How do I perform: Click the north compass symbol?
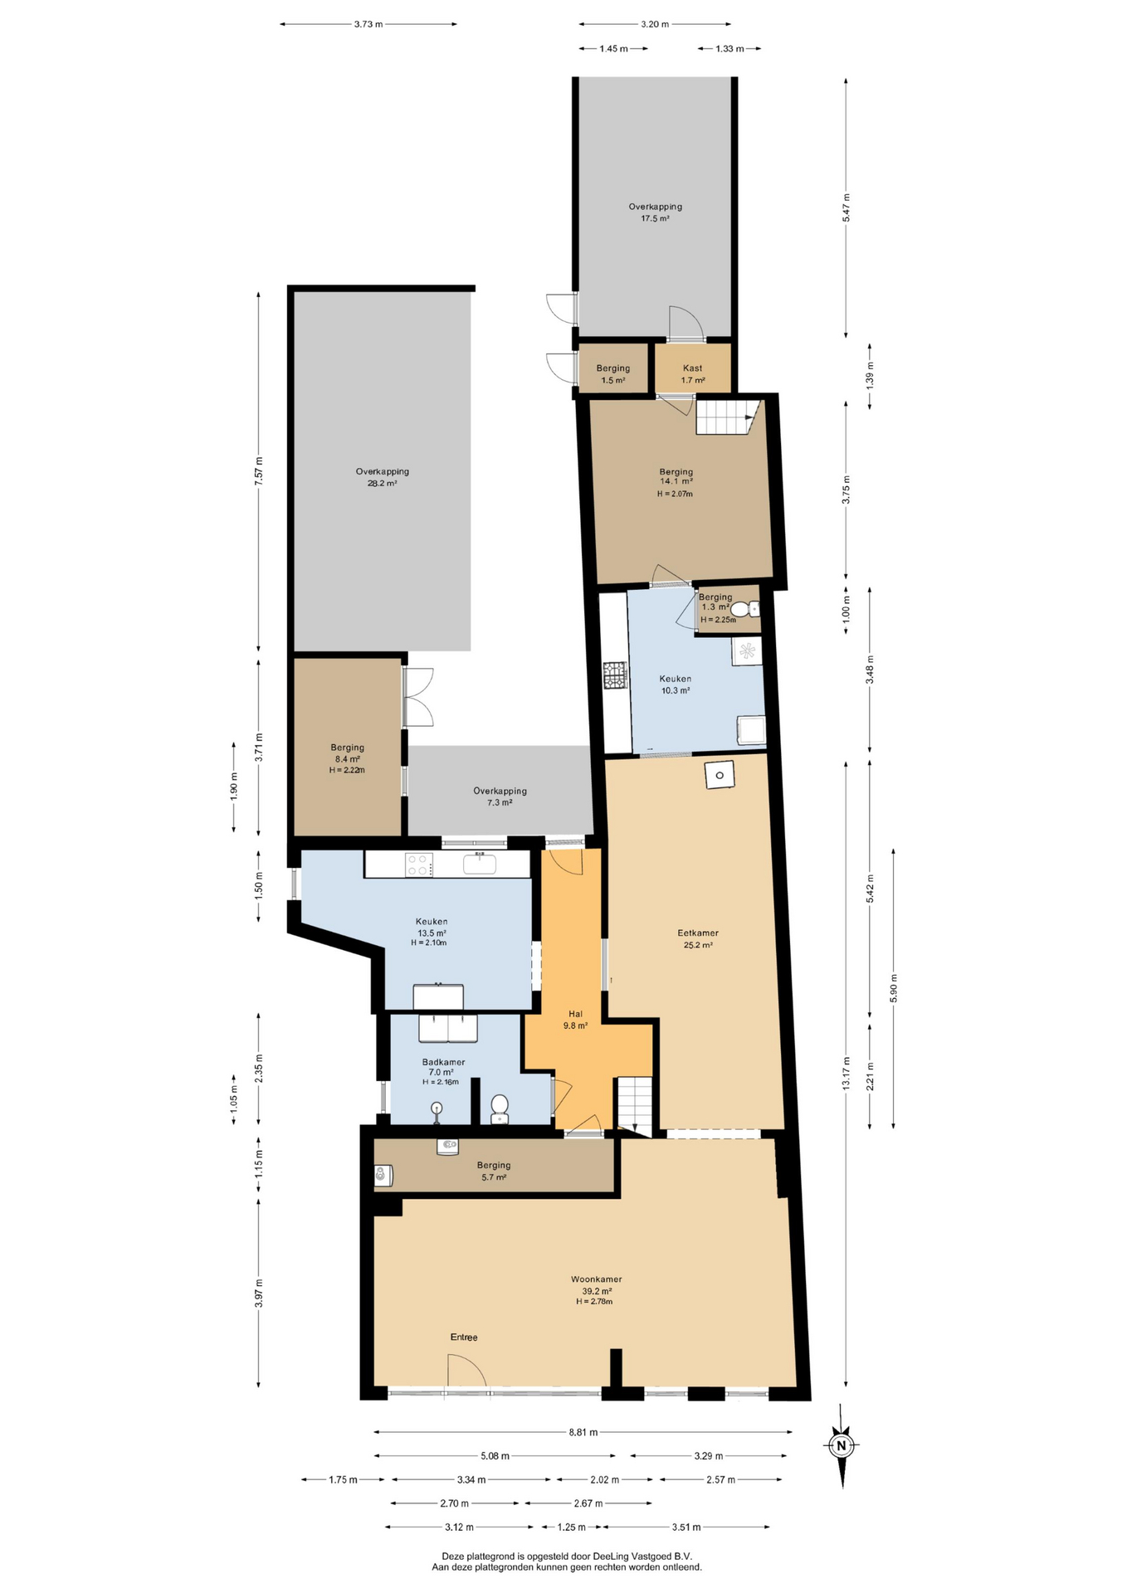pos(842,1446)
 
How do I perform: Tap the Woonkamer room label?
pos(596,1279)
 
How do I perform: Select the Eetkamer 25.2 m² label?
pos(698,938)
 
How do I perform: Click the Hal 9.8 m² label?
pos(575,1020)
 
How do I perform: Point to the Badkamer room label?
pos(443,1062)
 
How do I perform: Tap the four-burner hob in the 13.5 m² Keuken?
pos(419,865)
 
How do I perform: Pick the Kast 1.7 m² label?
pos(693,374)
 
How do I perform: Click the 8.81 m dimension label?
pos(582,1432)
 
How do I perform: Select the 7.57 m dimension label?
pos(259,471)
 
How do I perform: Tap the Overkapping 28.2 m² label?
pos(383,477)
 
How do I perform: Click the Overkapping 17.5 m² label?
pos(655,212)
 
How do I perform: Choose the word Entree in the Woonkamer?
pos(464,1337)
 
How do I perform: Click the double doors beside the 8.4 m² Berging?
pos(418,698)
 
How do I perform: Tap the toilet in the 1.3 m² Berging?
pos(744,610)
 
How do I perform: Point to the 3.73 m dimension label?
pos(368,24)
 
